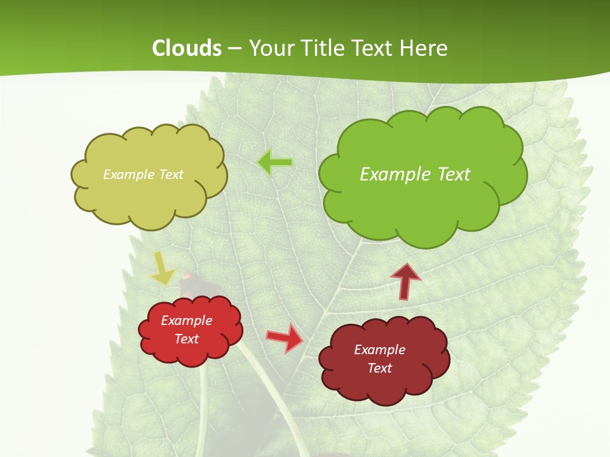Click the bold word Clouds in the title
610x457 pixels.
(187, 48)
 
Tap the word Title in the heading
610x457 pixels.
(323, 48)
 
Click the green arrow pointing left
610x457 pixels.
(275, 162)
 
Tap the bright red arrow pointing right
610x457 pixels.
(284, 337)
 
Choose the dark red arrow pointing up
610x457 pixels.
(405, 281)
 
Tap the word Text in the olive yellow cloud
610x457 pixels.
(170, 175)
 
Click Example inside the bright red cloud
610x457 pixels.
(186, 321)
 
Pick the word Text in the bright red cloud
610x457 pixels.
(186, 339)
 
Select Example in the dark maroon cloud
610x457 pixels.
(379, 350)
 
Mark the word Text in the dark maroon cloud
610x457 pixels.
(379, 368)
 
